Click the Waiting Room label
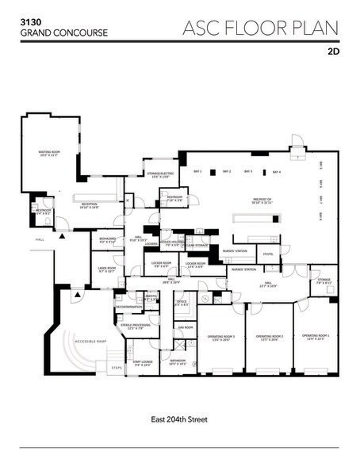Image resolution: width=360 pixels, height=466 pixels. click(x=50, y=153)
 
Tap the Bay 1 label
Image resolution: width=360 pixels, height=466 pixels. click(x=199, y=171)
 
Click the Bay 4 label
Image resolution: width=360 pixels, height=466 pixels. click(x=276, y=171)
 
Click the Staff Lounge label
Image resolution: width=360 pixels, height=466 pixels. click(x=143, y=361)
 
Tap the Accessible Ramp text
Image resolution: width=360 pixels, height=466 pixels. click(x=90, y=340)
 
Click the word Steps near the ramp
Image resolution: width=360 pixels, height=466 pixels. click(x=118, y=368)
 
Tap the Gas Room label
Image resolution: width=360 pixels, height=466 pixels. click(x=185, y=327)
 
